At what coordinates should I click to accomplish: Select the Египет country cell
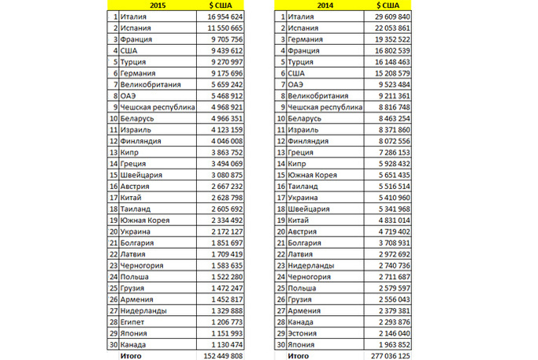[135, 322]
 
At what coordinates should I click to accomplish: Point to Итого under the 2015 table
[132, 356]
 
